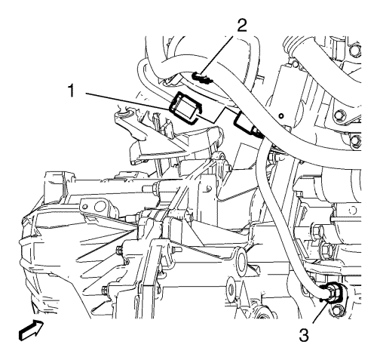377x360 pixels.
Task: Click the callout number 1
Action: point(72,91)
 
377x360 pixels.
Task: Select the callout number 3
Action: point(304,335)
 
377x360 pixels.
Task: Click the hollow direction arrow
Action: point(31,331)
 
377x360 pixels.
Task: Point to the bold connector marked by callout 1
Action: point(185,107)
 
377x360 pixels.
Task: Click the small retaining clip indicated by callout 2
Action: point(203,78)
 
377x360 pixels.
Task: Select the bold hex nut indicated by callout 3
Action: point(333,293)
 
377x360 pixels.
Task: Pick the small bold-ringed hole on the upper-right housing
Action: point(281,116)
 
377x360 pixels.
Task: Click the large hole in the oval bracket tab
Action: point(101,207)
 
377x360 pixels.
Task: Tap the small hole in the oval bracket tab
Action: point(85,207)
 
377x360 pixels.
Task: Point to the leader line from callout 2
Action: point(216,55)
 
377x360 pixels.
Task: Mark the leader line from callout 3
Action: point(321,311)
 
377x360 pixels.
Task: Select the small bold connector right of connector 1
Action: point(246,122)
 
